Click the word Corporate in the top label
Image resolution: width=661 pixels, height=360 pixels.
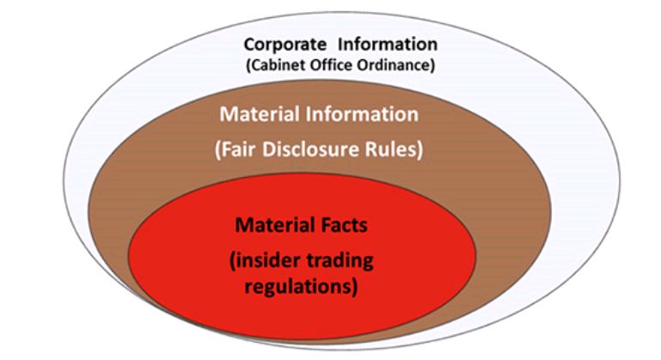[x=285, y=45]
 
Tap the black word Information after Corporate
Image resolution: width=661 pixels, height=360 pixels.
[x=388, y=44]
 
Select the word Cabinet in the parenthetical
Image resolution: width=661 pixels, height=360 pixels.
[x=276, y=65]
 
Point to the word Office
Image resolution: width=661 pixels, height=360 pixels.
[x=332, y=65]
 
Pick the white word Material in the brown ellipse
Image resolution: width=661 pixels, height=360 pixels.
[x=260, y=114]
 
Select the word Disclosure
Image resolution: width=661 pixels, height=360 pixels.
[x=310, y=149]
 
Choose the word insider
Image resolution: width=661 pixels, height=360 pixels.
[x=265, y=260]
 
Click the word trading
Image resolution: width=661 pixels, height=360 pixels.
[x=340, y=261]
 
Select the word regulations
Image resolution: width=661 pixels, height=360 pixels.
[x=301, y=287]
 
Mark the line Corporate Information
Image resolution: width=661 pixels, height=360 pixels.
[x=340, y=45]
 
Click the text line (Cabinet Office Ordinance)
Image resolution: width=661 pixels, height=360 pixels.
[x=340, y=65]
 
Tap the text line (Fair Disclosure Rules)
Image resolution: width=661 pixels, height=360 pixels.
[x=319, y=149]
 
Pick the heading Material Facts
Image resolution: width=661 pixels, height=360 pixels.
[x=301, y=225]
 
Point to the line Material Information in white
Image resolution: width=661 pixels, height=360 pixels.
[x=319, y=114]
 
